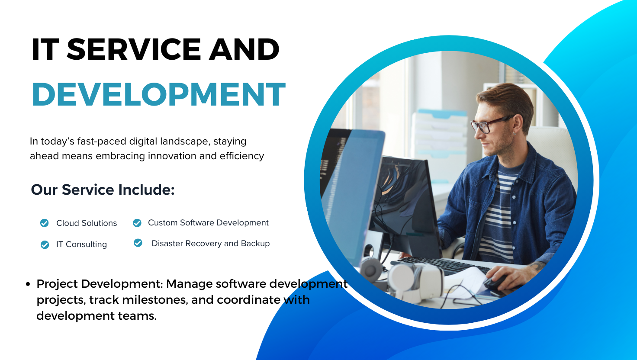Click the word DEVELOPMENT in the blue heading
pyautogui.click(x=159, y=94)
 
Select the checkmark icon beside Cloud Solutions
pyautogui.click(x=45, y=223)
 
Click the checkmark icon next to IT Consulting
pyautogui.click(x=45, y=244)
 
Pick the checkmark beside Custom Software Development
pyautogui.click(x=137, y=223)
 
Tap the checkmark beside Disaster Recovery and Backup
pyautogui.click(x=138, y=243)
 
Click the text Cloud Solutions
pyautogui.click(x=87, y=223)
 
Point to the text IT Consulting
pyautogui.click(x=81, y=244)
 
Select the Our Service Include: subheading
pyautogui.click(x=103, y=190)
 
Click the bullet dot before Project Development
pyautogui.click(x=28, y=284)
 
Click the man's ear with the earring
pyautogui.click(x=518, y=125)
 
